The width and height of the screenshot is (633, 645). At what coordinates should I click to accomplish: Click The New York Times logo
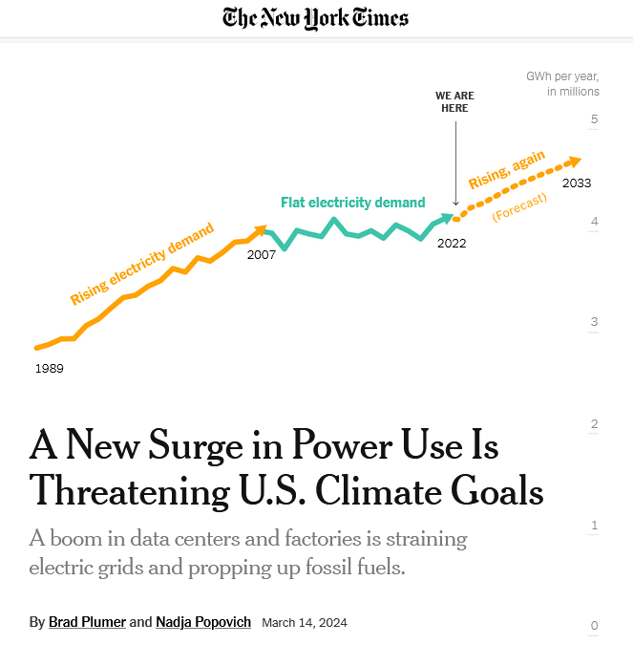click(315, 17)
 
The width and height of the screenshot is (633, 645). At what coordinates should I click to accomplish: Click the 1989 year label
click(49, 368)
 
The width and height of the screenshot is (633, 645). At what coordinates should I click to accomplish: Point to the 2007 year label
click(261, 255)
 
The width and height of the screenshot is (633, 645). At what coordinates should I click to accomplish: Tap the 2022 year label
click(452, 243)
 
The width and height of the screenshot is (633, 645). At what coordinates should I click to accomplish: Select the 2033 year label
click(577, 183)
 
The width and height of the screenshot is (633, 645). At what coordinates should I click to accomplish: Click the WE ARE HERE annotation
click(454, 102)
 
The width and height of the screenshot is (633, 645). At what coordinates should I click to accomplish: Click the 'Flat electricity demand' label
click(352, 203)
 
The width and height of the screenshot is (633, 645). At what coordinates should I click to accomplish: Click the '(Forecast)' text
click(519, 207)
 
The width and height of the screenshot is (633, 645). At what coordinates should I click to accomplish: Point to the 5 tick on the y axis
click(594, 119)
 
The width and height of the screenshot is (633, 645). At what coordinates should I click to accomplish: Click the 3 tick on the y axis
click(594, 322)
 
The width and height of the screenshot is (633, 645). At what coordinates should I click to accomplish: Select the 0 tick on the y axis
click(594, 626)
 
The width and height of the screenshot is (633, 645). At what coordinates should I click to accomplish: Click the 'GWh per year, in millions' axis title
click(563, 84)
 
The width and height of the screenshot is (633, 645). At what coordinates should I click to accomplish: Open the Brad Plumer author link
click(87, 622)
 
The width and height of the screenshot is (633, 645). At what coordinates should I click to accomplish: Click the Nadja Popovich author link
click(203, 622)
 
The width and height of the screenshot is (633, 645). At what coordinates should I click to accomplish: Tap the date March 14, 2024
click(305, 623)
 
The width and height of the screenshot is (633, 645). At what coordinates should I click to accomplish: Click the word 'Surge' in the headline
click(215, 446)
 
